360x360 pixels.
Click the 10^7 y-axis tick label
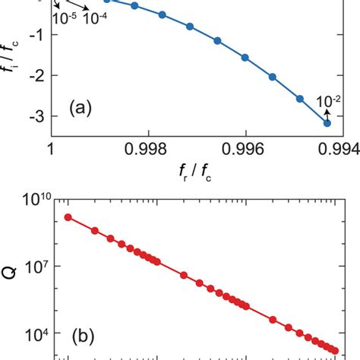35,267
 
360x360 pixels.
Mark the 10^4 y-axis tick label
35,334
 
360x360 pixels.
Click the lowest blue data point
327,123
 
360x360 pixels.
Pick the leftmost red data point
68,217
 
